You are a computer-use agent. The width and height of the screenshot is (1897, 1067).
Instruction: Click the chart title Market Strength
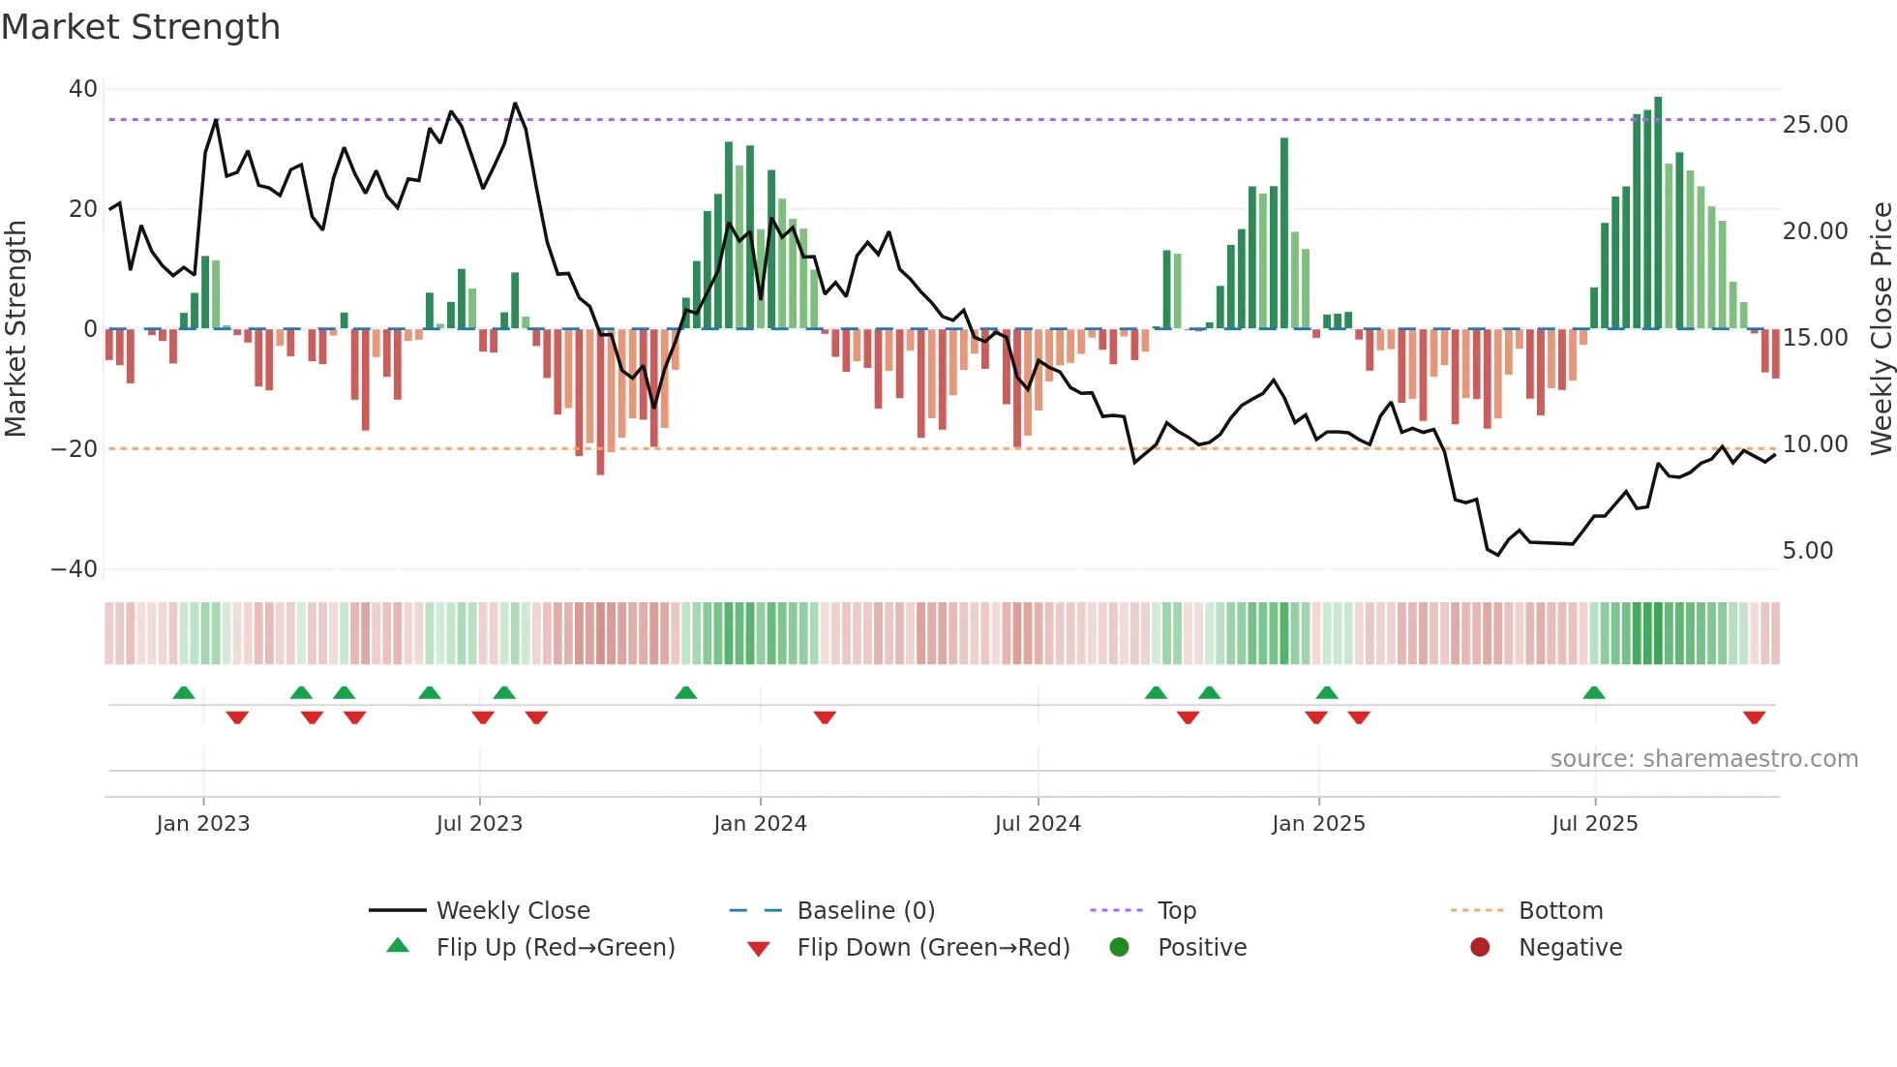140,27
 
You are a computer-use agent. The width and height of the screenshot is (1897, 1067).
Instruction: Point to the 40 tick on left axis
83,89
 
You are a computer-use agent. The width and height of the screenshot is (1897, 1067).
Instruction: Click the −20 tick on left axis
75,449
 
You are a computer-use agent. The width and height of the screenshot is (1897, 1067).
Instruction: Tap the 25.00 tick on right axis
1815,125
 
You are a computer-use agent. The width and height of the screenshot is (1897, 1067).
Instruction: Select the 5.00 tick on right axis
1808,551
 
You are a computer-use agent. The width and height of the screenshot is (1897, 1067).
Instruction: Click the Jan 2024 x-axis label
760,824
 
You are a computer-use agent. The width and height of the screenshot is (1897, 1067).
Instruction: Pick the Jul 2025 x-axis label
1594,824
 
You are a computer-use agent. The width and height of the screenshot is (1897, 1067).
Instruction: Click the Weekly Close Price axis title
1881,329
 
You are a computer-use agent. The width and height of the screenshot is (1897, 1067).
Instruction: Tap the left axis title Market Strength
15,329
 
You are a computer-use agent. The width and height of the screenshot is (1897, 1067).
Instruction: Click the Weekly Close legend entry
512,911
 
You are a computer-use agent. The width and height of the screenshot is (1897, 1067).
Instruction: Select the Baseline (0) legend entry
865,911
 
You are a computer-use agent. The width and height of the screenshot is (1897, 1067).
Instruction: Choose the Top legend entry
1176,911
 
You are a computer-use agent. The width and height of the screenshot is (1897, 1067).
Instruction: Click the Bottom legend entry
1560,911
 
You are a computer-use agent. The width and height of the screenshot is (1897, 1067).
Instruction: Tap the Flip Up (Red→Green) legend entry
555,948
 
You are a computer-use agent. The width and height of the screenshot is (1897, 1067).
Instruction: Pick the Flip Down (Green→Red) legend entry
933,948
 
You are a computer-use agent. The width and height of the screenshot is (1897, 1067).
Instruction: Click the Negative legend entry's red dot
1480,948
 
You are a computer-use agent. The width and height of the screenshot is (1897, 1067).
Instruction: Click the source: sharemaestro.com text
1703,759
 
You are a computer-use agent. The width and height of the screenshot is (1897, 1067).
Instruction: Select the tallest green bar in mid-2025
1658,213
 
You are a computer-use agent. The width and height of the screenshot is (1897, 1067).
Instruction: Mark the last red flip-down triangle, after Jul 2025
1754,717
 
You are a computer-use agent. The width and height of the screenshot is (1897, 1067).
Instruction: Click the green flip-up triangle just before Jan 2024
685,692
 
